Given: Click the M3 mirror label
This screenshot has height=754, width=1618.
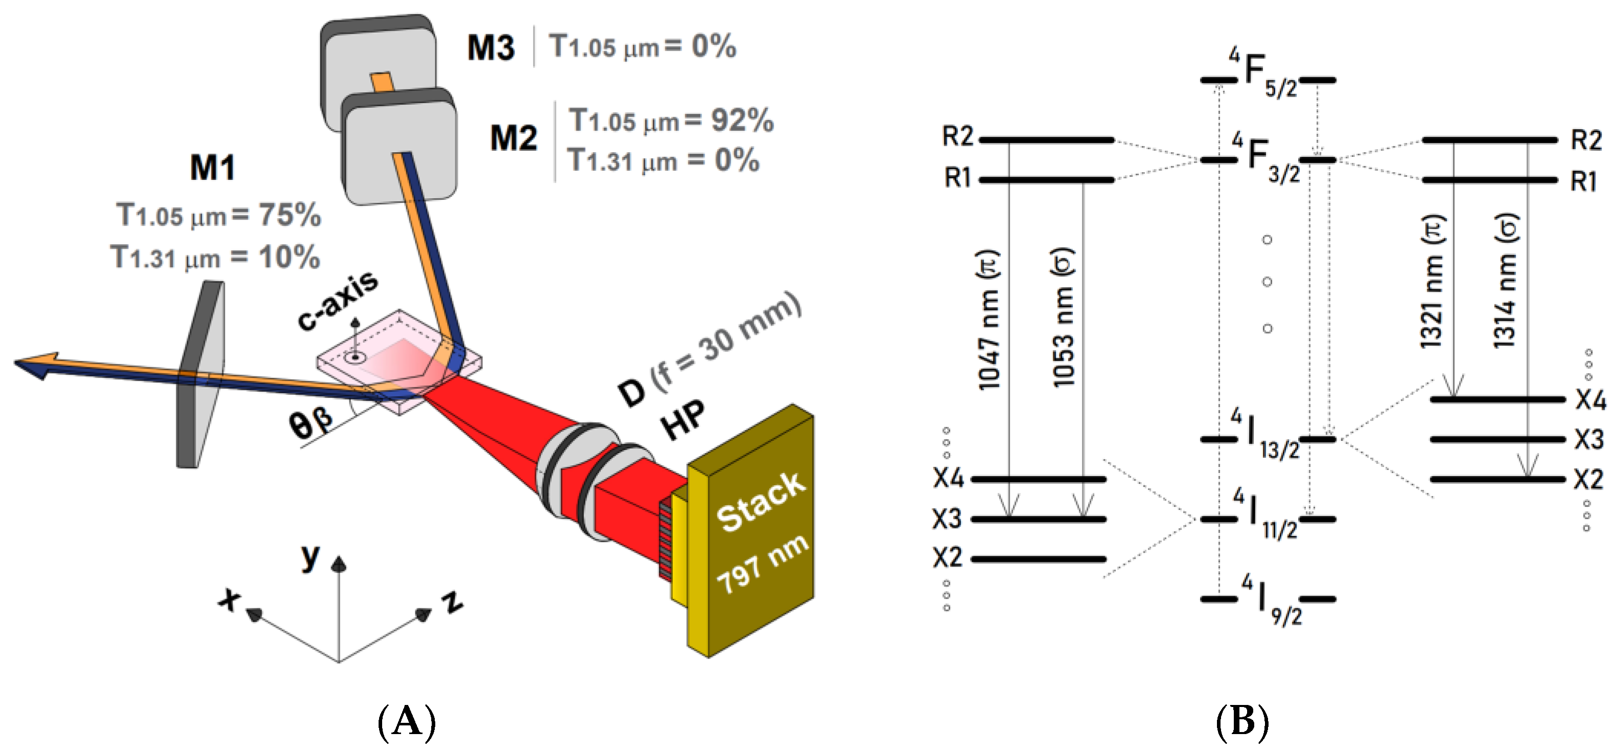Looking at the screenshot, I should pyautogui.click(x=490, y=47).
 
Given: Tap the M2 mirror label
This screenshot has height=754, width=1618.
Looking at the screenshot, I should pyautogui.click(x=513, y=138).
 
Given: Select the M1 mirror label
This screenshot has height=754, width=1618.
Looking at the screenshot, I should pyautogui.click(x=213, y=168).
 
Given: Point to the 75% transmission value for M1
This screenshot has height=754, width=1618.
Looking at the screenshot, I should pyautogui.click(x=290, y=216).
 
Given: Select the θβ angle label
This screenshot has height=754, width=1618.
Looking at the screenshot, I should pyautogui.click(x=311, y=422).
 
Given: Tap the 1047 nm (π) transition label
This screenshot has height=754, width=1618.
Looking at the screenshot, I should pyautogui.click(x=989, y=320).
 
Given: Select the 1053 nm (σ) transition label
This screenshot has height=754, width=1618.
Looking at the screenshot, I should pyautogui.click(x=1063, y=317).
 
